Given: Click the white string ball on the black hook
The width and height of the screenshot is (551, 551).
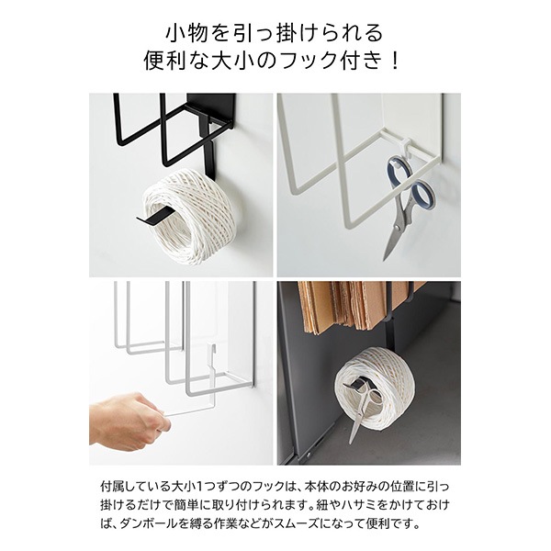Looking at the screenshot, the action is [186, 214].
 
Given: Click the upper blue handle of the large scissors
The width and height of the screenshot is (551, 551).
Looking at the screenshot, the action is [400, 171].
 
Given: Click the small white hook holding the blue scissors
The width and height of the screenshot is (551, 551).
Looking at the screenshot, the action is [407, 146].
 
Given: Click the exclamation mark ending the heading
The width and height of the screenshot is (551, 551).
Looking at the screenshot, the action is [394, 61].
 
